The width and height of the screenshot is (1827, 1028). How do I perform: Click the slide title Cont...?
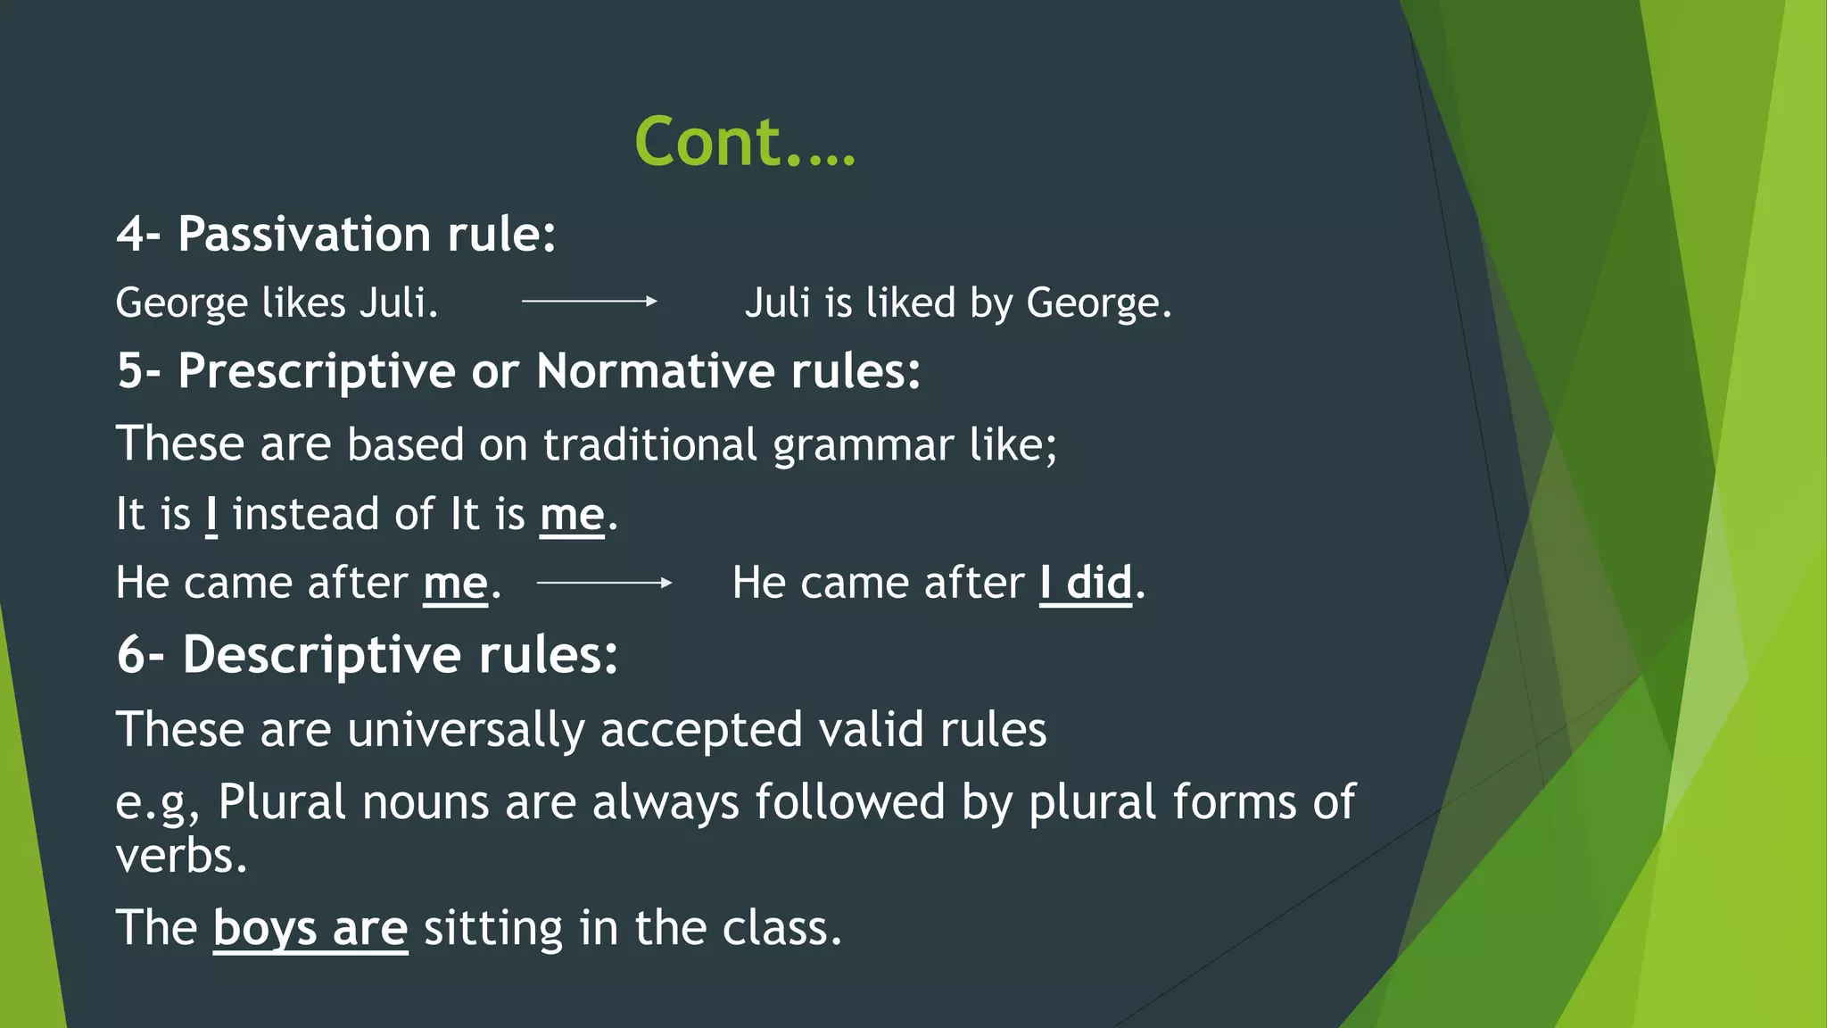[745, 142]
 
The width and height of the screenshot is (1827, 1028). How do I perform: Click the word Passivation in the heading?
[304, 235]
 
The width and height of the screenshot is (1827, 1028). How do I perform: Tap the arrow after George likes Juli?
[589, 302]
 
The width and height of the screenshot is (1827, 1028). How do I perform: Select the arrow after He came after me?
[604, 583]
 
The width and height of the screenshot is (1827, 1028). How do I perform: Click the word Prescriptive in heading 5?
[317, 371]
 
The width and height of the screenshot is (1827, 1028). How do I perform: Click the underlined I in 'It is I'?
[211, 515]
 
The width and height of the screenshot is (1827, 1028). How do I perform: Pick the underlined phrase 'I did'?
[1086, 584]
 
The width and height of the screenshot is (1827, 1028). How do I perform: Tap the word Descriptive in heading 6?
[322, 655]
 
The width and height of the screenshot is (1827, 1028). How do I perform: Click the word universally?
[466, 730]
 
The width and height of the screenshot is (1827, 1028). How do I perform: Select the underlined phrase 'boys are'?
[310, 928]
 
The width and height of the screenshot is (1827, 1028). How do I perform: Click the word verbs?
[181, 857]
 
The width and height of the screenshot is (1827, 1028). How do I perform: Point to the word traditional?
[649, 444]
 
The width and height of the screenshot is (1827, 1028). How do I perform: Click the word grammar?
[863, 444]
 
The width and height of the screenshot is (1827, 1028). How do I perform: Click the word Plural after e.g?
[282, 802]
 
